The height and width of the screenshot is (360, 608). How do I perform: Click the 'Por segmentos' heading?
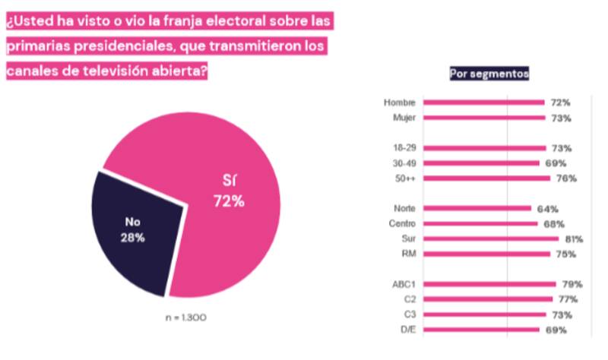click(x=489, y=74)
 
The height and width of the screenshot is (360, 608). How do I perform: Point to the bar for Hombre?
click(x=483, y=102)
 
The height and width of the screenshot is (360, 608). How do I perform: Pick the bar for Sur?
click(x=491, y=239)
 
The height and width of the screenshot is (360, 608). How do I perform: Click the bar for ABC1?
click(x=489, y=284)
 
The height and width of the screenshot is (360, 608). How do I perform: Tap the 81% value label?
click(x=574, y=239)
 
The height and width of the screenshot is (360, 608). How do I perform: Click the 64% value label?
click(x=547, y=209)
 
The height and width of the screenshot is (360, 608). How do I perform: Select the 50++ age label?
click(x=404, y=178)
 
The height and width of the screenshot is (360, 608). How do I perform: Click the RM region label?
click(x=408, y=254)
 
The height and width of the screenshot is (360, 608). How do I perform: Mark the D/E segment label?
click(x=406, y=330)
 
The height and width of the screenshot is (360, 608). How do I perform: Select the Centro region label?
click(x=402, y=224)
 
